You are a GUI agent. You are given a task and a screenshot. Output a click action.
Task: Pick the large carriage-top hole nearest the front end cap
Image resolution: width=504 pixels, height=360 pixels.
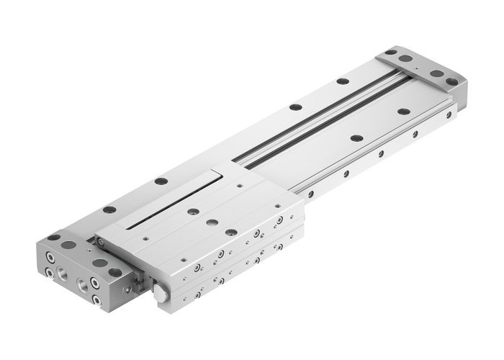point(232,232)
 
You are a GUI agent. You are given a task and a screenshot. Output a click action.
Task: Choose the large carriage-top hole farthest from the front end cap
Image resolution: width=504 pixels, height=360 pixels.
point(193,212)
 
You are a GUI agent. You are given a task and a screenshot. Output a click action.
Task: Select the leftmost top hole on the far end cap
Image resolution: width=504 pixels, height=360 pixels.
point(390,52)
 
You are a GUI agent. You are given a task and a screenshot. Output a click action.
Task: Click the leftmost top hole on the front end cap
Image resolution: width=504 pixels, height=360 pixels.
point(54,237)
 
